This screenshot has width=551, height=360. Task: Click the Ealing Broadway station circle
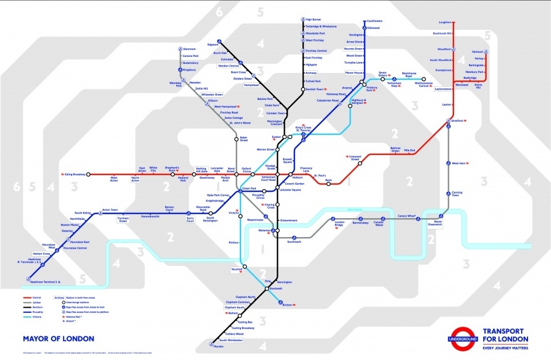click(x=88, y=174)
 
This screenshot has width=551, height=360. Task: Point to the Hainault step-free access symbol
click(x=485, y=52)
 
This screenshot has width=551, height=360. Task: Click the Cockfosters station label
click(x=374, y=21)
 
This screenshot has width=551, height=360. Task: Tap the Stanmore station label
click(x=189, y=49)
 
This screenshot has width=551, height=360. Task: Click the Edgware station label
click(x=212, y=44)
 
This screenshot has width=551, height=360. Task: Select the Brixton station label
click(x=288, y=305)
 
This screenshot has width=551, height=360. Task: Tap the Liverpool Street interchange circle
click(x=360, y=163)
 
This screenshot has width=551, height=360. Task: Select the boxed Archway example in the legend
click(x=59, y=298)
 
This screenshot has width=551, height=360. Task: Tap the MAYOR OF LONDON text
click(x=59, y=339)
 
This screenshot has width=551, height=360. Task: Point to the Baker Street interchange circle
click(x=236, y=139)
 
